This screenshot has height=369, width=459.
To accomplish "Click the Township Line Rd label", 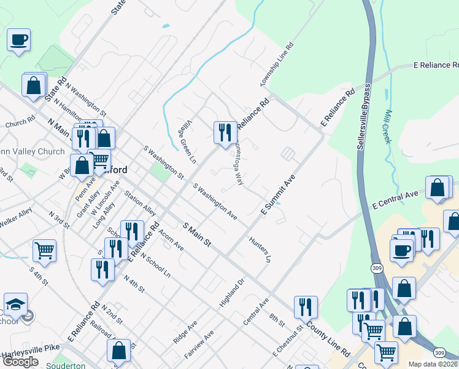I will click(x=277, y=65).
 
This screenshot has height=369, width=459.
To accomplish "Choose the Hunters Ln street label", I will click(x=260, y=249).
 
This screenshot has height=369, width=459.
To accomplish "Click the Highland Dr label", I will click(x=232, y=293).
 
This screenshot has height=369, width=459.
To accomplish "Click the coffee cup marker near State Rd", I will click(x=18, y=40).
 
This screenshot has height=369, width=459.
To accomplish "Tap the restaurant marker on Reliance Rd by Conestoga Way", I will click(x=225, y=132).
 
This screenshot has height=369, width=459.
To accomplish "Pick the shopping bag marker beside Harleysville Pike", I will click(x=119, y=351).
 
